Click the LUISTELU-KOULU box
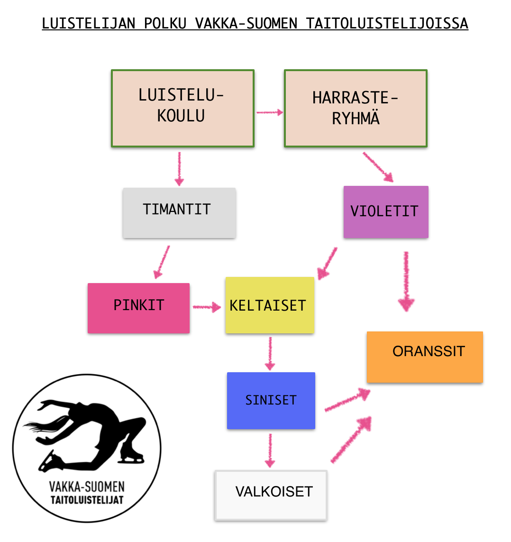pos(183,109)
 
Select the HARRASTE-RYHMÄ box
pos(356,109)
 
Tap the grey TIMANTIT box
pos(179,213)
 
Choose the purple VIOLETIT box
pos(386,212)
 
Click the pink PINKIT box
pos(138,308)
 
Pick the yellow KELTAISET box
pos(270,305)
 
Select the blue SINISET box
pos(271,401)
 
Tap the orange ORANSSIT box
pos(425,357)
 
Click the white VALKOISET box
pos(271,496)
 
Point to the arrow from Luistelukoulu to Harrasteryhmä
pos(270,112)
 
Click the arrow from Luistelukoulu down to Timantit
pos(179,169)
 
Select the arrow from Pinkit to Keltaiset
pos(207,307)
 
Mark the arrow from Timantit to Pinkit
pos(161,262)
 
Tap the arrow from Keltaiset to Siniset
pos(270,354)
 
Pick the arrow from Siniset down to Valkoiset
pos(270,451)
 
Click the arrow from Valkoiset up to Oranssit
pos(351,440)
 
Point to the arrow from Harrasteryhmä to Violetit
pos(378,167)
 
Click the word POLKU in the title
pos(165,24)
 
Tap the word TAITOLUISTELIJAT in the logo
pos(87,500)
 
